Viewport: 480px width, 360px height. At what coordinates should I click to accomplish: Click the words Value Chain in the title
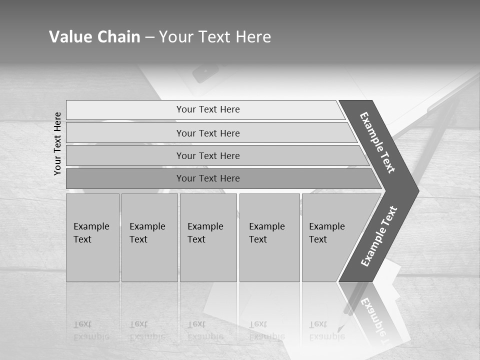[x=94, y=37]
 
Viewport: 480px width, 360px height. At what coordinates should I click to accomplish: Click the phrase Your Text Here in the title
[x=215, y=37]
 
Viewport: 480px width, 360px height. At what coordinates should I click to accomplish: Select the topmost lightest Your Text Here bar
[x=207, y=109]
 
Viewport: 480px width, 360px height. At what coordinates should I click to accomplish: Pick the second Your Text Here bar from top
[x=207, y=133]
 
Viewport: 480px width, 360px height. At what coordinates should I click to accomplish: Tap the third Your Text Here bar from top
[x=207, y=155]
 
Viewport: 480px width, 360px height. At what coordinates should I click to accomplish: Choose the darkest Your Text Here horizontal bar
[x=207, y=178]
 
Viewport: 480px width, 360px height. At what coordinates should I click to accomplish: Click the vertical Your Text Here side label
[x=58, y=143]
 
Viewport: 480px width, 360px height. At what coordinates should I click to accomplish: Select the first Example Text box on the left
[x=92, y=237]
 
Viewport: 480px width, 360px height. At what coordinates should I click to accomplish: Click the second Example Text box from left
[x=149, y=237]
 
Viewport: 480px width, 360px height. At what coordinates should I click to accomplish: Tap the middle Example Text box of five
[x=207, y=237]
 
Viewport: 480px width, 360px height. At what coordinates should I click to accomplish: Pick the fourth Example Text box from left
[x=269, y=237]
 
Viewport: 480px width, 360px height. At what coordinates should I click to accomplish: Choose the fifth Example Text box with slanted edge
[x=330, y=237]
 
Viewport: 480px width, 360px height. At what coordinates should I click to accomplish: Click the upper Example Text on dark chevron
[x=377, y=142]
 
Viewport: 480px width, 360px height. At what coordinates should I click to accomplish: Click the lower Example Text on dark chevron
[x=379, y=236]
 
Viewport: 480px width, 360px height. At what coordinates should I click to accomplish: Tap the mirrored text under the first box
[x=91, y=330]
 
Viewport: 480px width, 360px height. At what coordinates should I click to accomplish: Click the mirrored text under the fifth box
[x=327, y=330]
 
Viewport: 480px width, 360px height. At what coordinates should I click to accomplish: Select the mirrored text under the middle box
[x=205, y=330]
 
